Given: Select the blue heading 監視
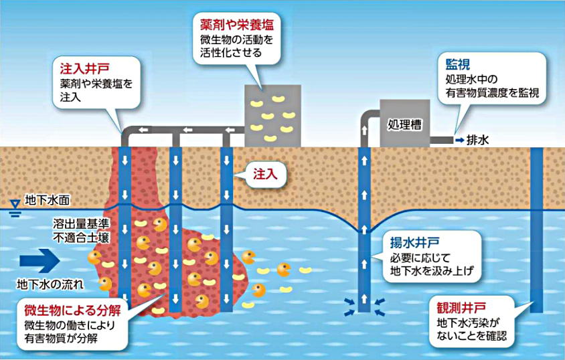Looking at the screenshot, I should coord(458,65).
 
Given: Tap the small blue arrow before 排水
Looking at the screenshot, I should coord(459,141).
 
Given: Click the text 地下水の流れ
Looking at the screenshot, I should coord(51,284).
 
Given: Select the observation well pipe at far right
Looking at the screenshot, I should coord(536,228).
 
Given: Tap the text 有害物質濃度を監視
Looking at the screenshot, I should coord(492,93).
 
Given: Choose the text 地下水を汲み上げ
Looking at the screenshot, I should coord(432,272).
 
